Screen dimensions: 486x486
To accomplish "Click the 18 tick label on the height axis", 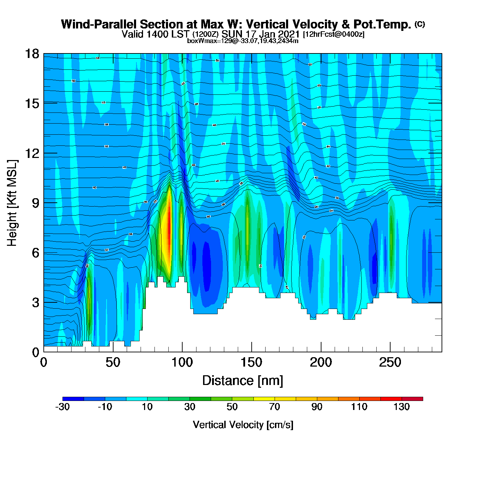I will [32, 54].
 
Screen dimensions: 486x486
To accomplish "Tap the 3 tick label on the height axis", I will [35, 303].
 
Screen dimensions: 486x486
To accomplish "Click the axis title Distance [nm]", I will [243, 381].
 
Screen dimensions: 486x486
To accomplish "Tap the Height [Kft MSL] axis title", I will [12, 203].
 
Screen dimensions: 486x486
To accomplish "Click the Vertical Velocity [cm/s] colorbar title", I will [243, 425].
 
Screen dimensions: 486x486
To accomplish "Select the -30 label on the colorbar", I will [62, 407].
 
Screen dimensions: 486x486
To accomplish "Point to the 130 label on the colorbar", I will [402, 407].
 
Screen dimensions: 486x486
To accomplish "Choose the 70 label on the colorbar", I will [275, 407].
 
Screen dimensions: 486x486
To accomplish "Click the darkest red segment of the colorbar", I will [412, 399].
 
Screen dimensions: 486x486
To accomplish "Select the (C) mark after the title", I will [420, 24].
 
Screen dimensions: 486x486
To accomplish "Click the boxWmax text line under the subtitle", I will [243, 41].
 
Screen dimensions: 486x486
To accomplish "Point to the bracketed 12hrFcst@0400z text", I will [334, 34].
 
